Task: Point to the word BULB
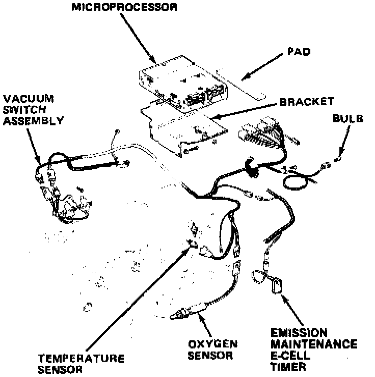tap(348, 119)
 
